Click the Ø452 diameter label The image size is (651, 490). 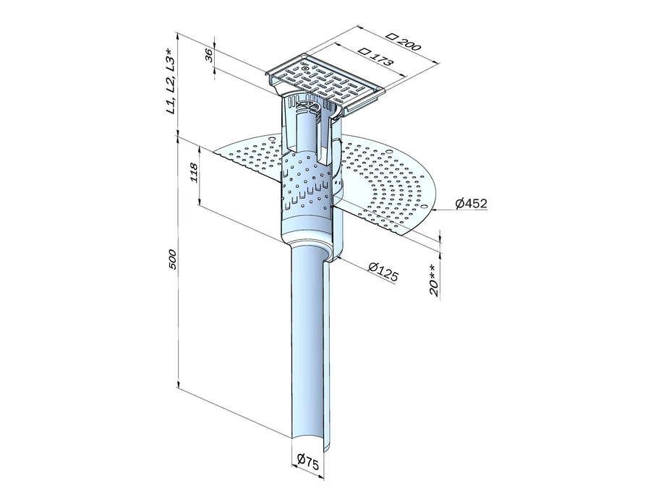[x=470, y=204]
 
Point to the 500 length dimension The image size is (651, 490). [x=172, y=259]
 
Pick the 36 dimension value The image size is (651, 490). [x=210, y=55]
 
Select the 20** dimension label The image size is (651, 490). [x=433, y=280]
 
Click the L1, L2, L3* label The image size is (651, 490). [x=171, y=82]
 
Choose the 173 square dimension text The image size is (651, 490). [x=380, y=59]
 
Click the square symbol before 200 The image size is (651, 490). [x=391, y=35]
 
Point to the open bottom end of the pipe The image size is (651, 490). [x=307, y=443]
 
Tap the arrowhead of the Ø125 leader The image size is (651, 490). [x=340, y=257]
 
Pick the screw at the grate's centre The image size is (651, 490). [x=305, y=69]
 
